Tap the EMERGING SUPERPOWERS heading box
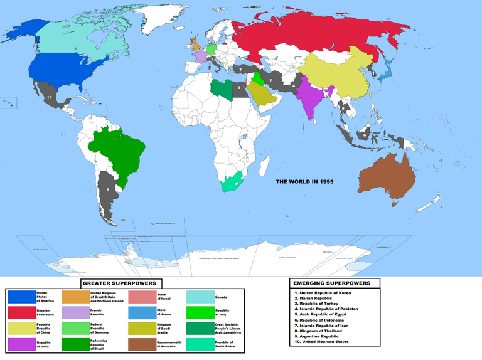pyautogui.click(x=335, y=283)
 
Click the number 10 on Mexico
pyautogui.click(x=50, y=97)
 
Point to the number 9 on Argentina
pyautogui.click(x=108, y=188)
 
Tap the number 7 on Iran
pyautogui.click(x=270, y=81)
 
